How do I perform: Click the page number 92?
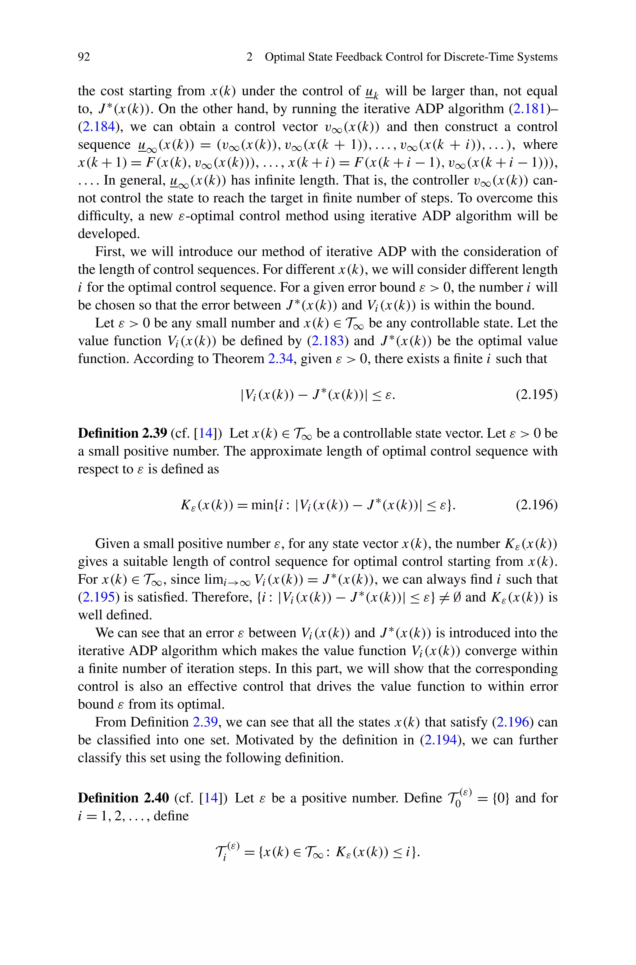(84, 57)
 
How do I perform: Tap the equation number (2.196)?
(536, 505)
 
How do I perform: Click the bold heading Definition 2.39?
(122, 434)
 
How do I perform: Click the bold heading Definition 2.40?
(123, 798)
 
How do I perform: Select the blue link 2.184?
(98, 126)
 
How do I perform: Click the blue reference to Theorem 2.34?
(280, 359)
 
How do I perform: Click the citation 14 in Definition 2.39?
(206, 434)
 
